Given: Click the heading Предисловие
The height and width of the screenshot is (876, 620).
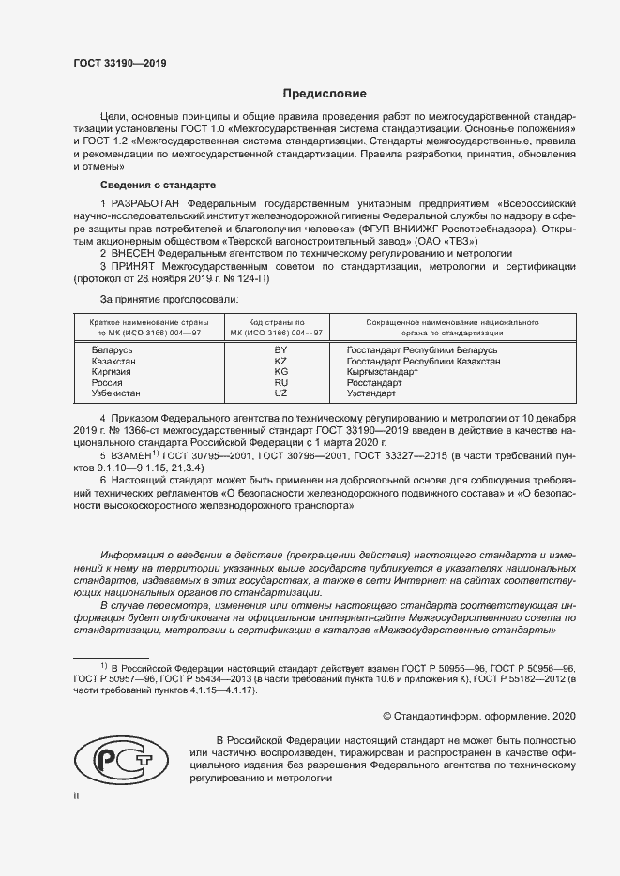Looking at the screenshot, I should (x=319, y=94).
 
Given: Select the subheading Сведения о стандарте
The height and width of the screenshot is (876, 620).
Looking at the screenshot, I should (x=158, y=185).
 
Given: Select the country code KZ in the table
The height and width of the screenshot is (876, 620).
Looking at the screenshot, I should (x=280, y=361).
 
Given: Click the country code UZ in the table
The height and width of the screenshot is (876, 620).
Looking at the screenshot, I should (x=280, y=394).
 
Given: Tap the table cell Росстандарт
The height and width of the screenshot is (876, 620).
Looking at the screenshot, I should (x=374, y=383).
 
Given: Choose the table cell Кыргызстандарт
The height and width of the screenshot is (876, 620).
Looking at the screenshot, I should (x=383, y=372).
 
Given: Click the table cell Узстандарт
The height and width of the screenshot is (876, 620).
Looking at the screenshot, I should (x=372, y=394).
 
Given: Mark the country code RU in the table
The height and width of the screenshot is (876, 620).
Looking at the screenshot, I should (x=280, y=383).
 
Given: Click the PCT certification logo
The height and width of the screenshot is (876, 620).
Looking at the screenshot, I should (x=124, y=762).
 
